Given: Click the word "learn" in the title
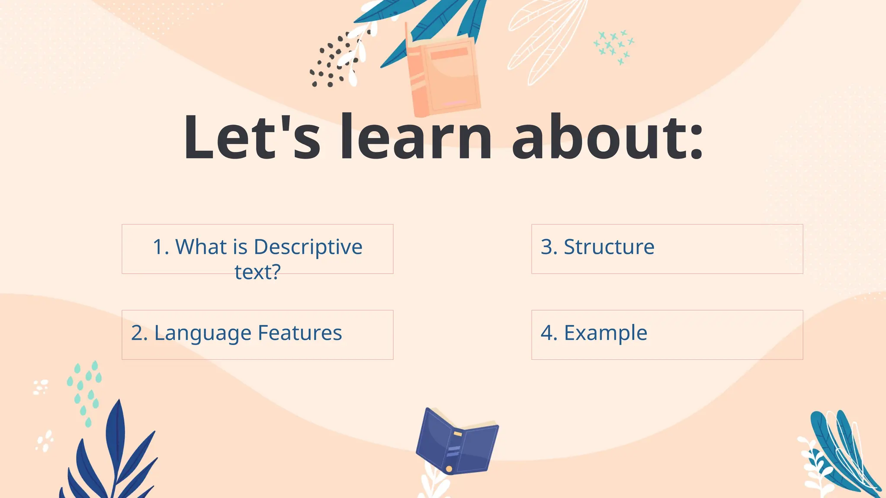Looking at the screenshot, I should click(415, 137).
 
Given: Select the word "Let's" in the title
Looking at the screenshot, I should click(252, 137).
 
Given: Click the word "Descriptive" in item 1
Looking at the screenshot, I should click(308, 247).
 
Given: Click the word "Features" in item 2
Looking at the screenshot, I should click(300, 333).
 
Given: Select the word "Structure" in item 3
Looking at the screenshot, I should click(609, 247).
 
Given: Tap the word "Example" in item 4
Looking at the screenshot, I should click(605, 333).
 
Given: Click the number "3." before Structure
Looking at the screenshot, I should click(549, 247).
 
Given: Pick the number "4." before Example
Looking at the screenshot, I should click(549, 333).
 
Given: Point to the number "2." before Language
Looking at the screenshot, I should click(139, 333).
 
